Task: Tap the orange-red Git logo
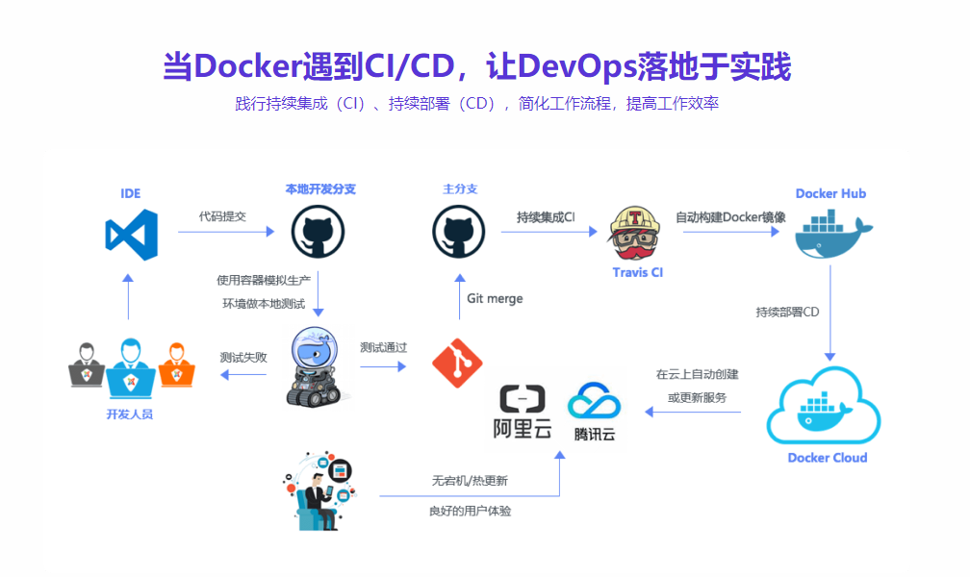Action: click(x=456, y=361)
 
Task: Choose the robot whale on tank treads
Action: click(x=314, y=366)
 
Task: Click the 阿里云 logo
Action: click(x=523, y=413)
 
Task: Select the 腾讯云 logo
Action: click(x=594, y=413)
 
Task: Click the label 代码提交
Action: click(x=222, y=216)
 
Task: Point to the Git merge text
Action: click(x=495, y=298)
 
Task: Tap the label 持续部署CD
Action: click(x=787, y=312)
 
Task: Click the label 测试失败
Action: click(x=242, y=357)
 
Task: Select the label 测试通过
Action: click(x=383, y=347)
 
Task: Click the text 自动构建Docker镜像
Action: click(x=729, y=216)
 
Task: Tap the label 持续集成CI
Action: click(x=546, y=216)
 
